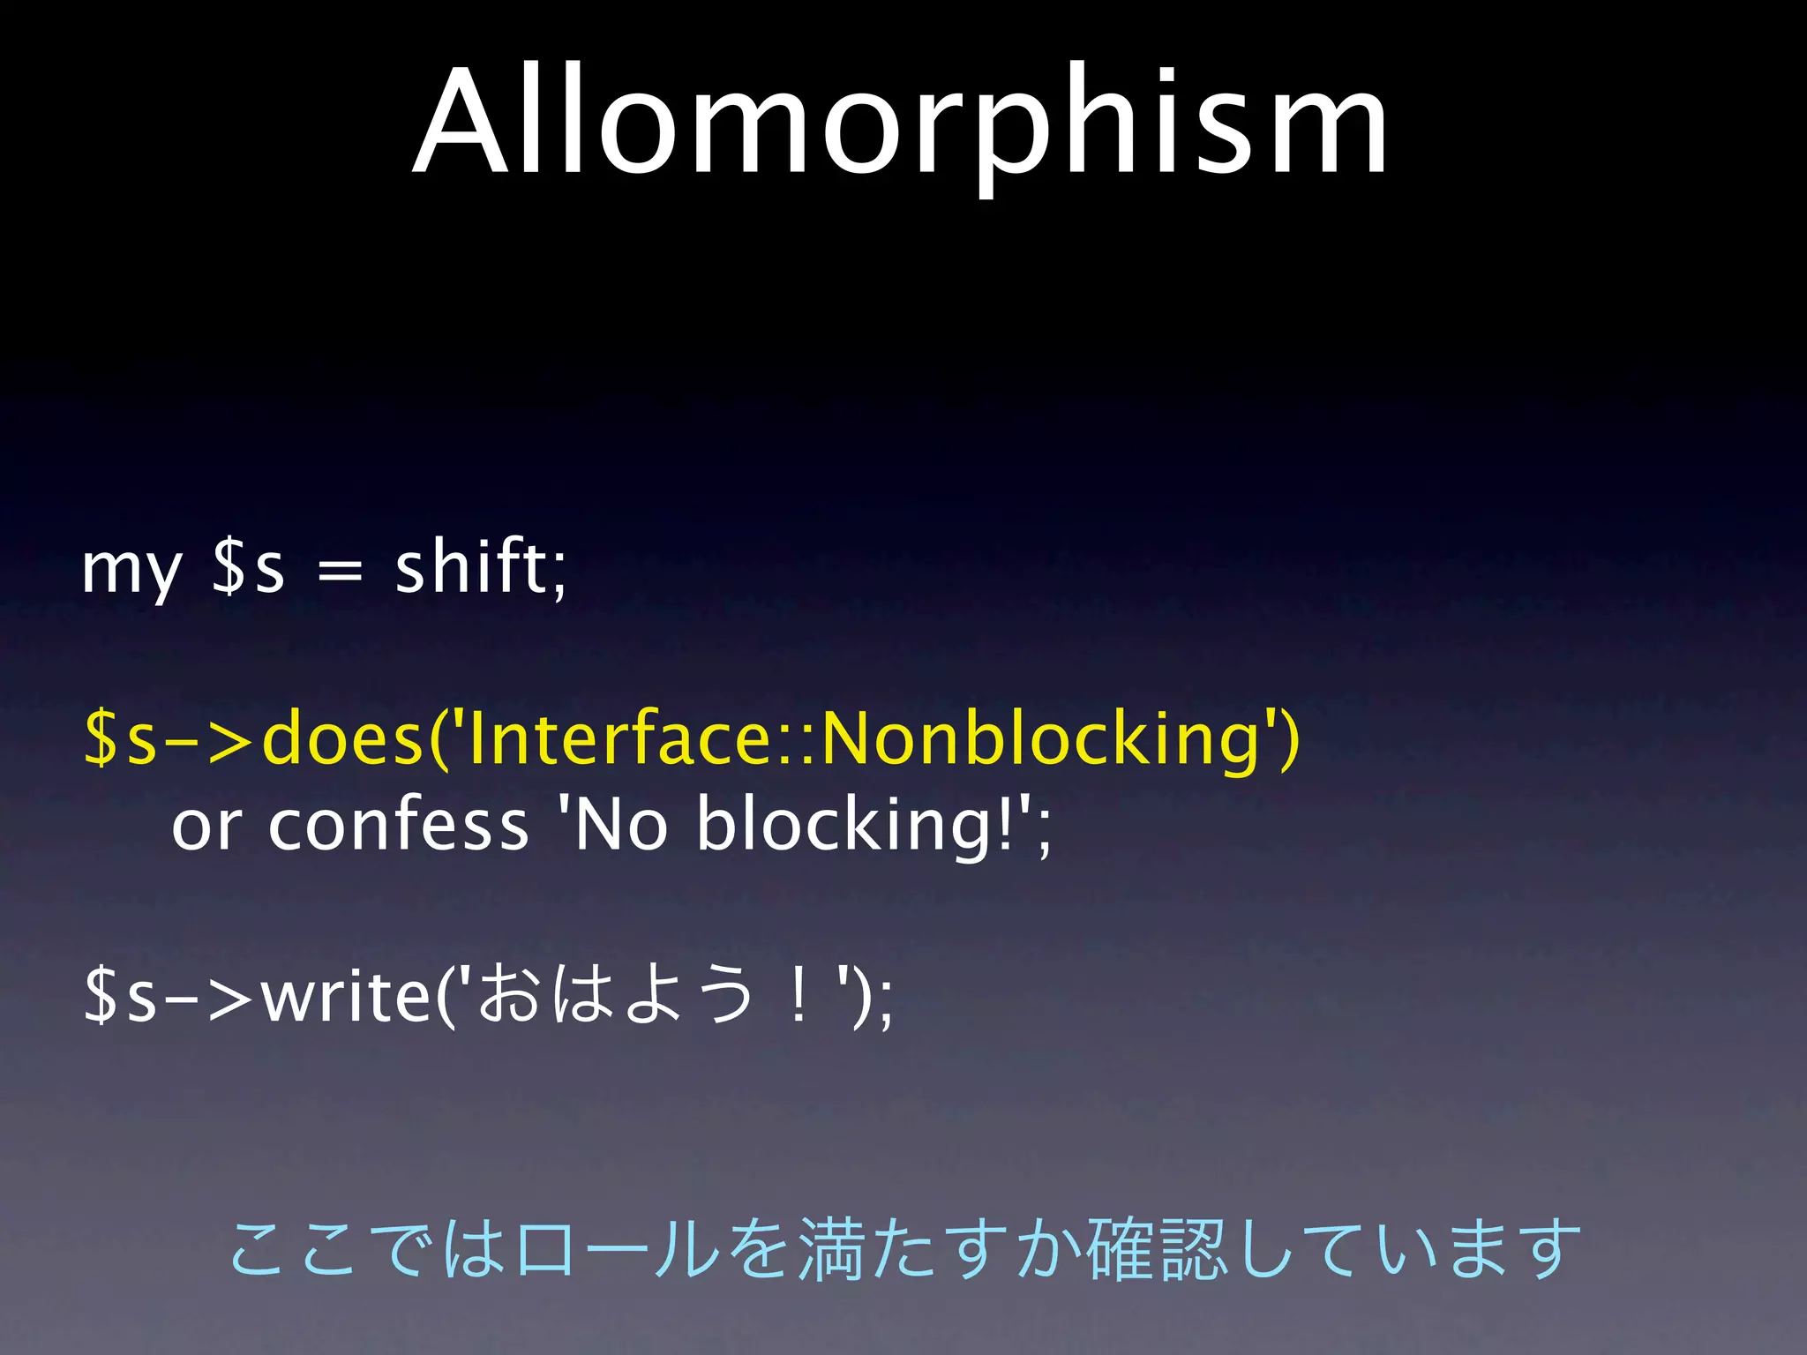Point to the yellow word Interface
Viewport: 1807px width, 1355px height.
click(612, 739)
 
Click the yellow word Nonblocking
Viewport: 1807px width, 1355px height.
click(1041, 739)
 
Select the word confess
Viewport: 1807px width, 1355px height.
click(398, 825)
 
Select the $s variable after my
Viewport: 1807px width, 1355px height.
click(248, 569)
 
